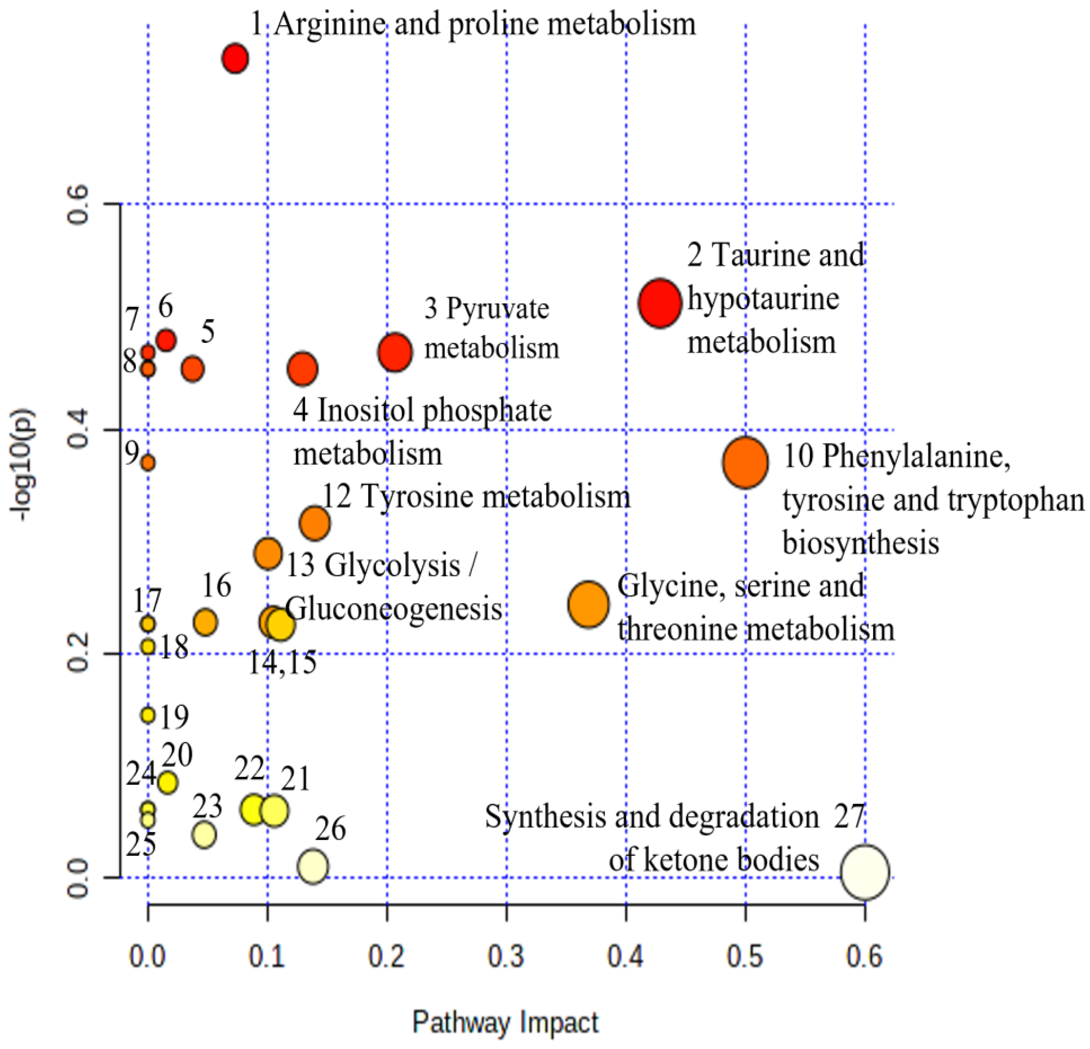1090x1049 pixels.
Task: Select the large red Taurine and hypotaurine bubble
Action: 660,303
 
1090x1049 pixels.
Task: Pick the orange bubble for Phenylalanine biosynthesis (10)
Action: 746,463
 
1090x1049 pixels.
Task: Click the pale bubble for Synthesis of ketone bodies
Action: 864,872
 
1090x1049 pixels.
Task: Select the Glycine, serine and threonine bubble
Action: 588,605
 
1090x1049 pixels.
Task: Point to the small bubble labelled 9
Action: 147,462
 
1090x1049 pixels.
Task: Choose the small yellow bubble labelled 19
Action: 147,715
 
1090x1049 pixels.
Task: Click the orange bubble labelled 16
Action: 205,622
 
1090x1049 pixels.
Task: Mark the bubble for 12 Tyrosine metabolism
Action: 315,523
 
